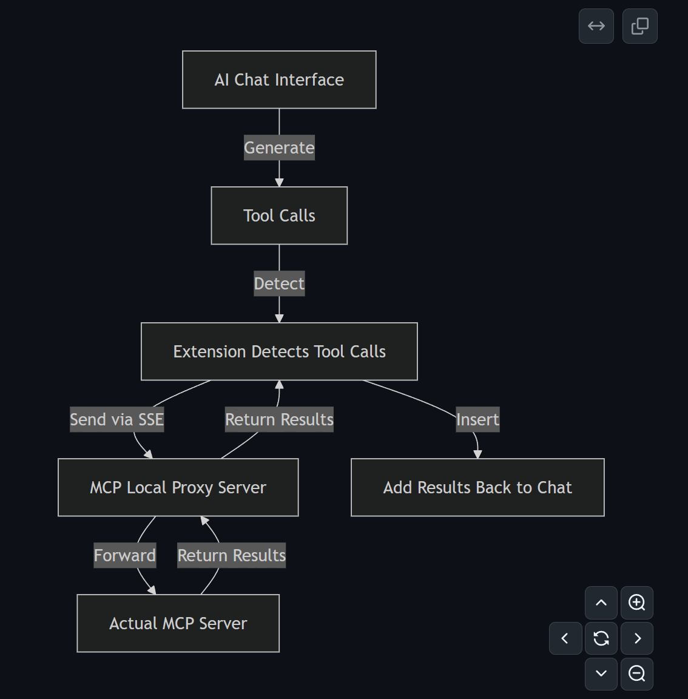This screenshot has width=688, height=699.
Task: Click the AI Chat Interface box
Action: [x=279, y=79]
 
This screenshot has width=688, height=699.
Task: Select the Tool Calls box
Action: [x=279, y=215]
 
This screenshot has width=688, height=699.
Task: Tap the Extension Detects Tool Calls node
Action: [x=279, y=351]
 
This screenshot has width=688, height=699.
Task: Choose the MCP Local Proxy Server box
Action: [x=178, y=487]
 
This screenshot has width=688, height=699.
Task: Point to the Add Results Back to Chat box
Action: [x=477, y=487]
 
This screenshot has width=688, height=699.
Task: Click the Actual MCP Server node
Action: [x=178, y=623]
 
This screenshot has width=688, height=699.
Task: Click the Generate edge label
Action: [x=279, y=147]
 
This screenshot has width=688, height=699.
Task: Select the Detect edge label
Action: [x=279, y=283]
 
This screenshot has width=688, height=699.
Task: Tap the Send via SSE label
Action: [x=116, y=419]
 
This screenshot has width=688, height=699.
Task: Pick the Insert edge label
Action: [x=477, y=419]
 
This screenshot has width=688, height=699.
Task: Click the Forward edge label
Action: [x=124, y=555]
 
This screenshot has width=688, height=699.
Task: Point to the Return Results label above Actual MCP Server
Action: [x=231, y=555]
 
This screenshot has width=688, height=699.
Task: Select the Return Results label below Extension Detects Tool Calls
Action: [x=279, y=419]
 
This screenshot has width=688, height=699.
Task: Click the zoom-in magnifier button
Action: [x=636, y=603]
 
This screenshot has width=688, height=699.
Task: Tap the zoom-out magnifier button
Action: [x=636, y=674]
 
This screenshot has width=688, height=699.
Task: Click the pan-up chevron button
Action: [x=601, y=603]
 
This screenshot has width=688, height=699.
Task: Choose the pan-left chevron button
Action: [x=565, y=638]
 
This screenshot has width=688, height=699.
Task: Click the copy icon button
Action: [x=639, y=26]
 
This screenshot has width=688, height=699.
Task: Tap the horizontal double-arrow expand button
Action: [x=596, y=26]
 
